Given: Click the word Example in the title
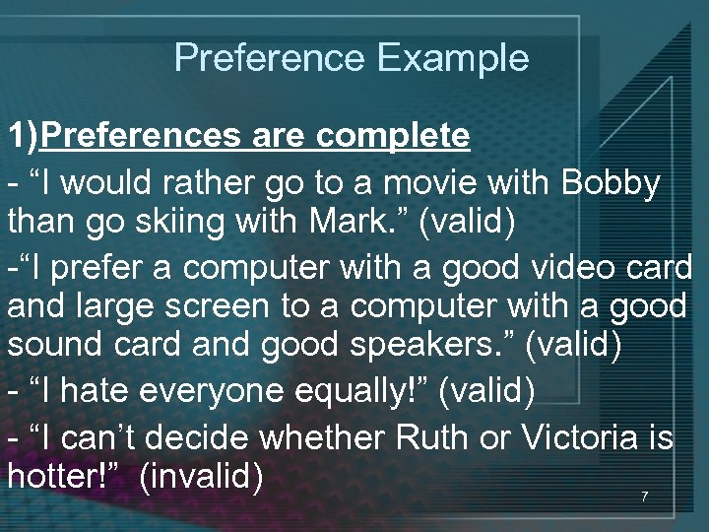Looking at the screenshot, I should click(x=453, y=58).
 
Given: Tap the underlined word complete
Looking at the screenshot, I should click(x=393, y=135).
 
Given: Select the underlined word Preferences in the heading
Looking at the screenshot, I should click(x=141, y=135).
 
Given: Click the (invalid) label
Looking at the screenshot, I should click(x=201, y=477).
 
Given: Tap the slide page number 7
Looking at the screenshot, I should click(x=644, y=497).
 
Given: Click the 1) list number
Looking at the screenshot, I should click(x=24, y=135).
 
